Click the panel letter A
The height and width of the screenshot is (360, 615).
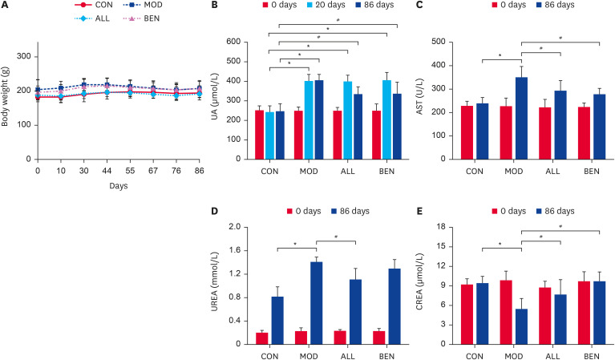point(5,6)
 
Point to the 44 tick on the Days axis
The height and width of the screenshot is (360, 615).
point(107,171)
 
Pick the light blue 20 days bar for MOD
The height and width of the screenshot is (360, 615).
point(308,119)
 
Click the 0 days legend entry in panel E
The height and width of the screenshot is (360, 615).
point(510,212)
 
